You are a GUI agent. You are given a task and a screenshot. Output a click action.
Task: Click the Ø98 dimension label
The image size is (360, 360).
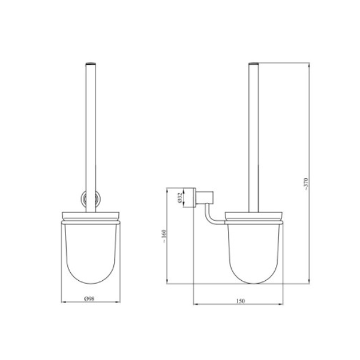tap(89, 298)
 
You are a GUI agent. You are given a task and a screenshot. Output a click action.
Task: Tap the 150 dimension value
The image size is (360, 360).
tap(241, 301)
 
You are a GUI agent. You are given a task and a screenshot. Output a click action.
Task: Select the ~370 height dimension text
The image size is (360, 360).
tap(307, 184)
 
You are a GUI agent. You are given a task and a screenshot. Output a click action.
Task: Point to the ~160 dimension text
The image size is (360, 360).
tap(164, 236)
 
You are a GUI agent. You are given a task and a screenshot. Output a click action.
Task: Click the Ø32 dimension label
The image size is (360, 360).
tap(180, 197)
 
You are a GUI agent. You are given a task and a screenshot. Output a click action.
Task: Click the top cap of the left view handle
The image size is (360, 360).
tap(91, 64)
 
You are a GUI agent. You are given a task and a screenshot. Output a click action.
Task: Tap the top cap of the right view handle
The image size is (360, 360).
tap(254, 64)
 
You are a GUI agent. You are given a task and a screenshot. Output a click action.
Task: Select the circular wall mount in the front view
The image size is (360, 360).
tap(91, 199)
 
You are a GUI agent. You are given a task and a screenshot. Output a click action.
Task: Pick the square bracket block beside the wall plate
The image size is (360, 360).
tap(205, 197)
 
